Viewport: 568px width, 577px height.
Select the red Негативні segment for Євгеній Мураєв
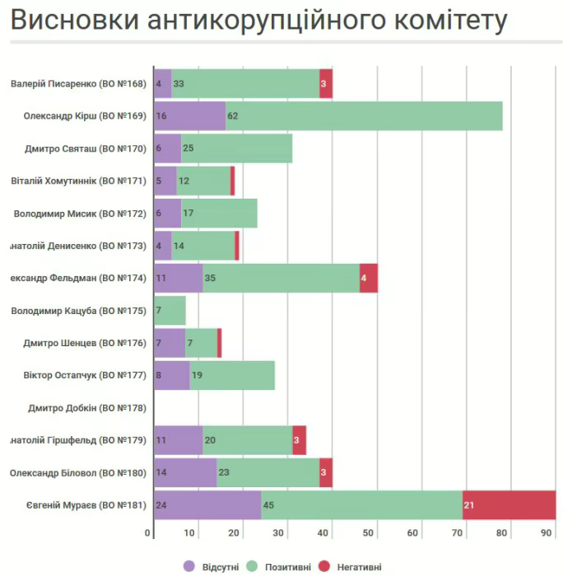510,504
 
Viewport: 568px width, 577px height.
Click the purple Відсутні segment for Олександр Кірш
189,116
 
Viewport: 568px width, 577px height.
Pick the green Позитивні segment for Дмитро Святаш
236,148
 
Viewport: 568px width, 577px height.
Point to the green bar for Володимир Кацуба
170,311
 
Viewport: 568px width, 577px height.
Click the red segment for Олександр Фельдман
369,278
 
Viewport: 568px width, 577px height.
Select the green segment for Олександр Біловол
268,472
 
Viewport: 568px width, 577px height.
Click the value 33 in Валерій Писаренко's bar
179,84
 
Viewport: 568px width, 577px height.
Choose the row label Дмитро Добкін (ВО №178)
86,408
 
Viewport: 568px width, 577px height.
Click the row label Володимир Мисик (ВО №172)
80,213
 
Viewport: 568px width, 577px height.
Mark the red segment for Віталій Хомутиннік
233,181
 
